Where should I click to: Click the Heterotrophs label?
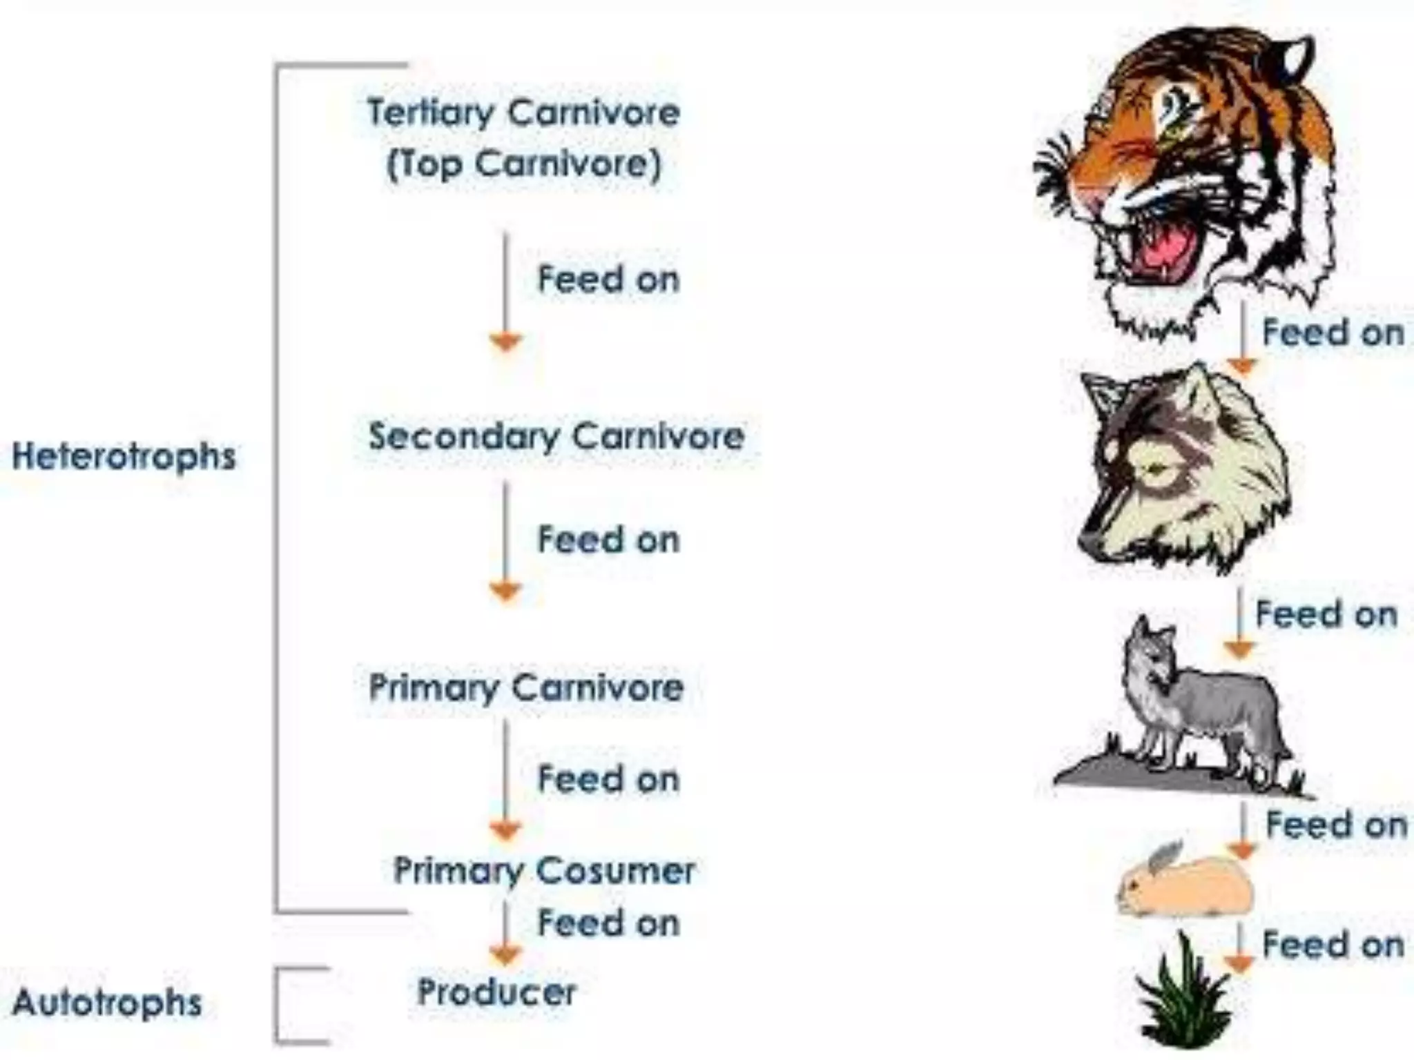tap(124, 457)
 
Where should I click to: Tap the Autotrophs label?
tap(108, 1003)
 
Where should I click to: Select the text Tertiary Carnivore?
tap(523, 112)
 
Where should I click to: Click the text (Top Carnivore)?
tap(523, 165)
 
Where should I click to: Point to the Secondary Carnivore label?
tap(556, 436)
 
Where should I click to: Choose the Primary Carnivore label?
tap(526, 687)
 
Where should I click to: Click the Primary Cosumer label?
tap(544, 870)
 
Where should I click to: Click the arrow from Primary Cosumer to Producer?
tap(505, 932)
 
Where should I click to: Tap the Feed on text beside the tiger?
tap(1333, 333)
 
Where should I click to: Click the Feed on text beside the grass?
tap(1333, 945)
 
